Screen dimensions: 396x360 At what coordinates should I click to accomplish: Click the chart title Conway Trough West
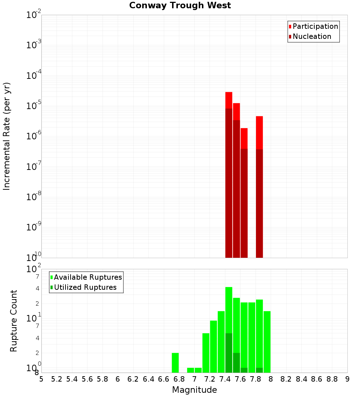pyautogui.click(x=180, y=6)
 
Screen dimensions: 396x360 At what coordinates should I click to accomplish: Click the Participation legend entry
pyautogui.click(x=315, y=27)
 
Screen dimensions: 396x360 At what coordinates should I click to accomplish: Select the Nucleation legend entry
pyautogui.click(x=311, y=37)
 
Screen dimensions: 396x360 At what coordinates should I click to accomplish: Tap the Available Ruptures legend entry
pyautogui.click(x=87, y=278)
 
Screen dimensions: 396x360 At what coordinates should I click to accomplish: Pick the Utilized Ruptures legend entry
pyautogui.click(x=85, y=288)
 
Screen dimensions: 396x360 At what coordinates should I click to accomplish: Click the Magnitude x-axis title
pyautogui.click(x=194, y=390)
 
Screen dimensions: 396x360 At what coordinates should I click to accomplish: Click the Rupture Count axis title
pyautogui.click(x=14, y=321)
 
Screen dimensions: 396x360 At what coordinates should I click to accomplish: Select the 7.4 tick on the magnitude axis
pyautogui.click(x=225, y=379)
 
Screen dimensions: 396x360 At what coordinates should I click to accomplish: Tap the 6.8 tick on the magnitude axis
pyautogui.click(x=179, y=379)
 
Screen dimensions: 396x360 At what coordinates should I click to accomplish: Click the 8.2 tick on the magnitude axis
pyautogui.click(x=286, y=379)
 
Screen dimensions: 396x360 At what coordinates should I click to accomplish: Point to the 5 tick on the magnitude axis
pyautogui.click(x=41, y=379)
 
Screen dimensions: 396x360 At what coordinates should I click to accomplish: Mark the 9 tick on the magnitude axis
pyautogui.click(x=347, y=379)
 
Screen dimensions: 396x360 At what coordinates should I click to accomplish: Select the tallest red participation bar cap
pyautogui.click(x=229, y=100)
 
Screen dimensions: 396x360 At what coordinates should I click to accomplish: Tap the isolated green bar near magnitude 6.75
pyautogui.click(x=175, y=363)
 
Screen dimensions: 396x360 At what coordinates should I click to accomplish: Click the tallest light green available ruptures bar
pyautogui.click(x=229, y=310)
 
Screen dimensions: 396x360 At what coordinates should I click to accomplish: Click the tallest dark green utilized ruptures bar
pyautogui.click(x=229, y=353)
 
